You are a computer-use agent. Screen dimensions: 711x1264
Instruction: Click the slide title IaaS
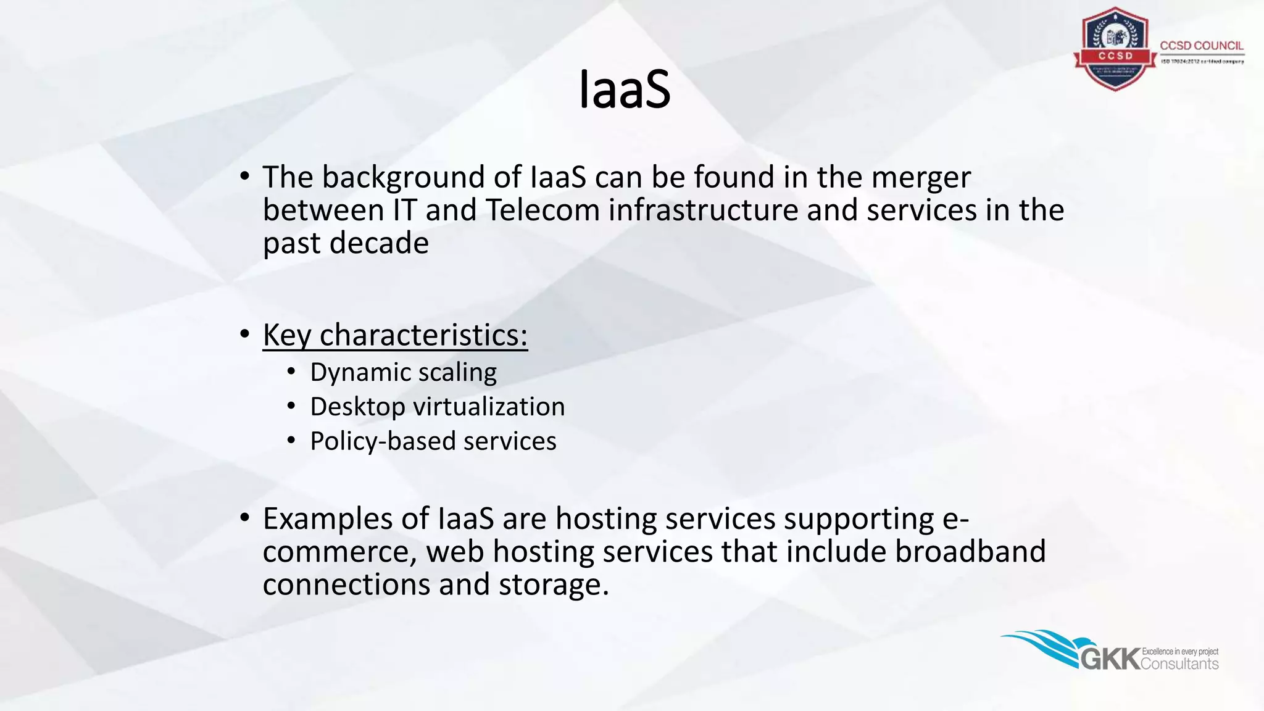point(625,90)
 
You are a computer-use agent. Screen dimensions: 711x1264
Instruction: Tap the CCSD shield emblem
point(1115,49)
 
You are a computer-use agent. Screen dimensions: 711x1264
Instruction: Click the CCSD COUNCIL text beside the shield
point(1201,46)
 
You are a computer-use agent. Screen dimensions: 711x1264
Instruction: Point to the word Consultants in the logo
point(1179,664)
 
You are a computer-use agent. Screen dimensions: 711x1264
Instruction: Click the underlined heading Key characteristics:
point(395,335)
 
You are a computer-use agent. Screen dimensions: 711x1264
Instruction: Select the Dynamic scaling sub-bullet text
point(403,372)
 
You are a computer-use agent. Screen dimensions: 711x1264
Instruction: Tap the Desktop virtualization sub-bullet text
point(437,407)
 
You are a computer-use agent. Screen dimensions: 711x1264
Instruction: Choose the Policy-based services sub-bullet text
point(433,441)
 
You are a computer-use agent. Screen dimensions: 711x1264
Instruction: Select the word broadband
point(970,551)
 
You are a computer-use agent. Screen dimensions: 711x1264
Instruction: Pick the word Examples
point(328,519)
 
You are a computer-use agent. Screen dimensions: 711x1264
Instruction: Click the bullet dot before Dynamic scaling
point(291,372)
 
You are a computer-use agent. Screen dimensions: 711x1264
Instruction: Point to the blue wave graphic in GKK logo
point(1043,645)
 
